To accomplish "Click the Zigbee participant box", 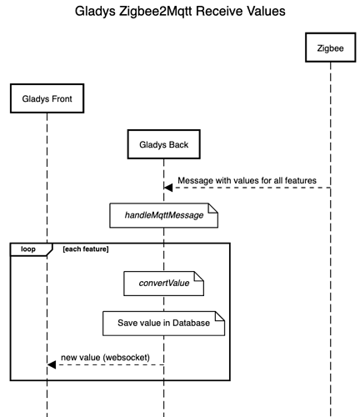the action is pyautogui.click(x=330, y=48).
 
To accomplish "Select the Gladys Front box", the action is pyautogui.click(x=47, y=98).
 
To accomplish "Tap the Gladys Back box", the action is pyautogui.click(x=163, y=144).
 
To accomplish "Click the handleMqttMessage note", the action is pyautogui.click(x=163, y=215).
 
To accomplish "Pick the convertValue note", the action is pyautogui.click(x=163, y=284).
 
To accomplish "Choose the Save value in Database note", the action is pyautogui.click(x=163, y=324).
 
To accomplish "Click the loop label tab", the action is pyautogui.click(x=31, y=249).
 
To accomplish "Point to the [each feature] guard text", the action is pyautogui.click(x=86, y=249).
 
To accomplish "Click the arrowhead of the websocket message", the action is pyautogui.click(x=52, y=364).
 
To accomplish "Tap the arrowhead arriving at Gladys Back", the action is pyautogui.click(x=168, y=188).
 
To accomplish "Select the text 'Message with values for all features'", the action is pyautogui.click(x=247, y=180).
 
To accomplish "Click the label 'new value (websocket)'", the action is pyautogui.click(x=105, y=358).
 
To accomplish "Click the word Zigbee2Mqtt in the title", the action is pyautogui.click(x=156, y=12).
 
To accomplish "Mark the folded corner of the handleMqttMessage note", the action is pyautogui.click(x=213, y=208).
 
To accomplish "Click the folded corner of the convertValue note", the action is pyautogui.click(x=199, y=276).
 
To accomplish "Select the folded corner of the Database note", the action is pyautogui.click(x=220, y=316).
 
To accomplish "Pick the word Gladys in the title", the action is pyautogui.click(x=95, y=12).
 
